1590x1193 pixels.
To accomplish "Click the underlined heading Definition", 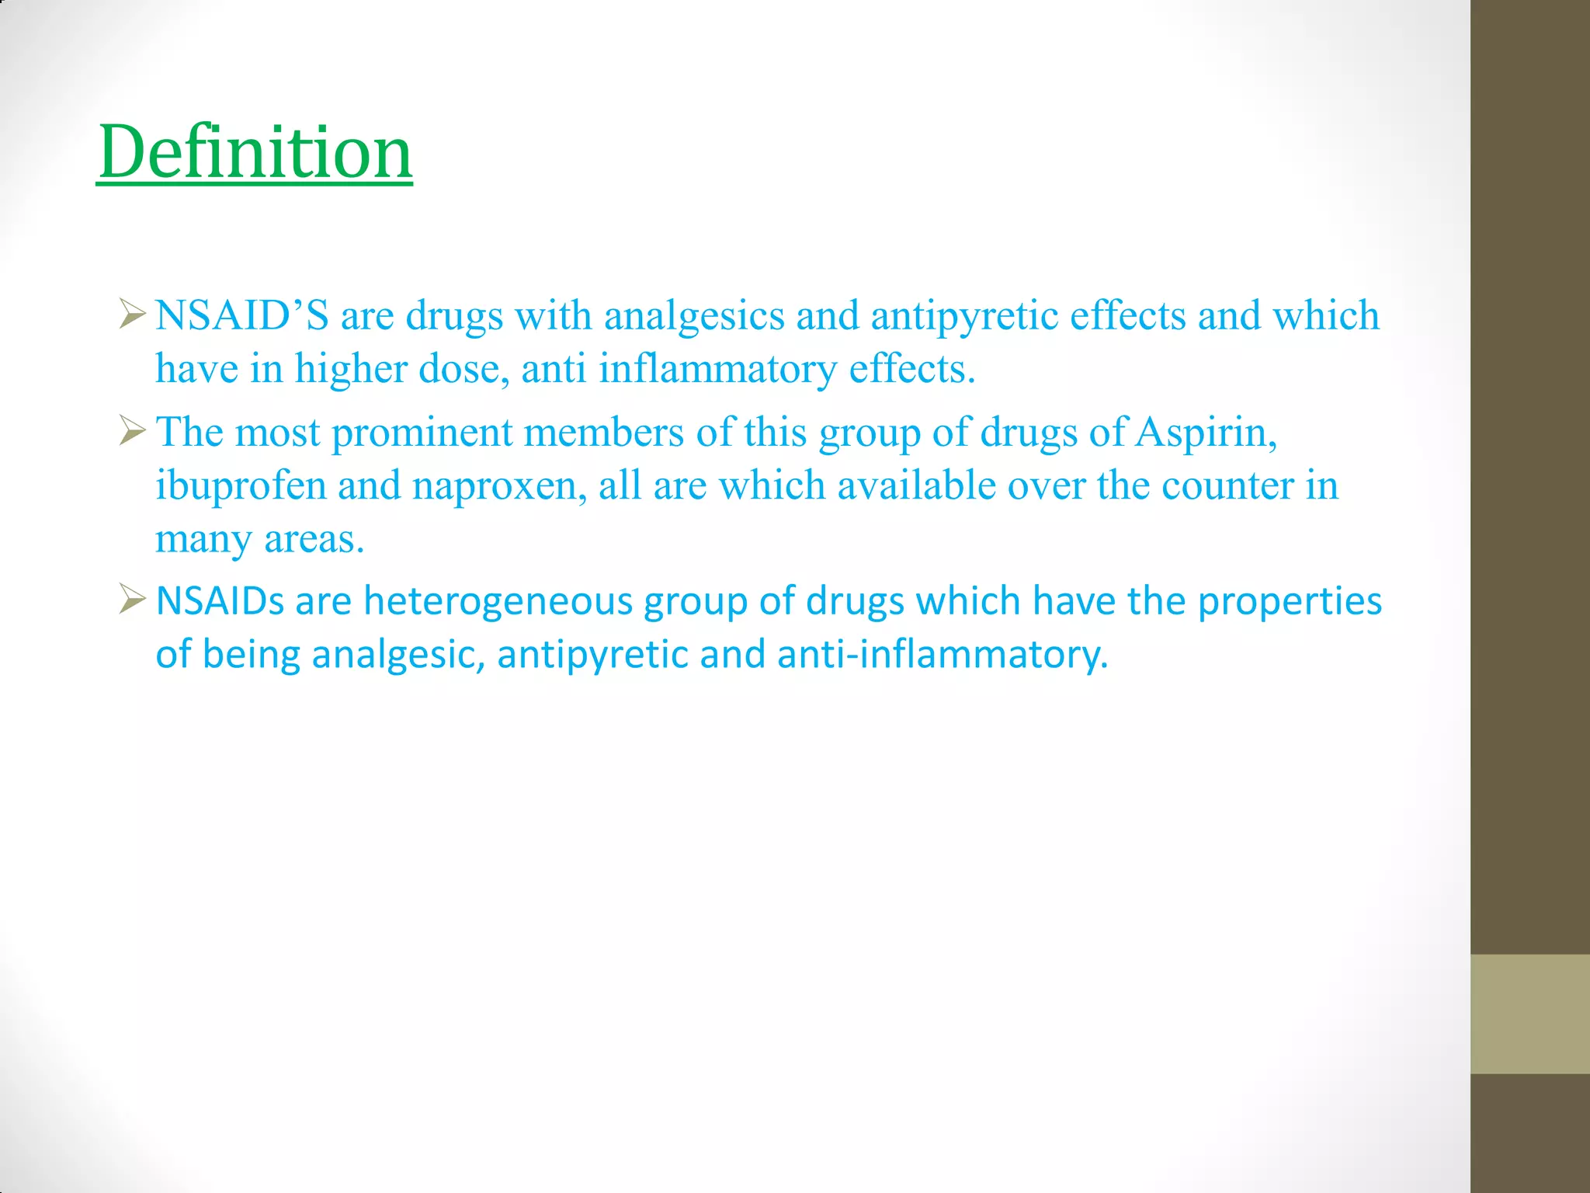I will [255, 152].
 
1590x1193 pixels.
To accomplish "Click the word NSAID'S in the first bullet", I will [241, 316].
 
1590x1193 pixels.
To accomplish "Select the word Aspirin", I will [1205, 433].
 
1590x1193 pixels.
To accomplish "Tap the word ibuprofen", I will [240, 486].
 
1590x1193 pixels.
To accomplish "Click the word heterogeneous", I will [498, 601].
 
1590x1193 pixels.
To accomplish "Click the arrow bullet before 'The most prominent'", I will [132, 431].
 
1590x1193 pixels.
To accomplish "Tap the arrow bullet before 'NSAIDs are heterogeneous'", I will [132, 600].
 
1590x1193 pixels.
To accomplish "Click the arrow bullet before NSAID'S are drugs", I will [132, 315].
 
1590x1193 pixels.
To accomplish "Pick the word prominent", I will [422, 433].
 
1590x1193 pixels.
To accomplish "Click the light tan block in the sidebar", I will [1529, 1014].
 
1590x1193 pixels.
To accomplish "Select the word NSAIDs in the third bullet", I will [220, 601].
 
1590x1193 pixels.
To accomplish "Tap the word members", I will [603, 433].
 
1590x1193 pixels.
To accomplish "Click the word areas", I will [314, 539].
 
